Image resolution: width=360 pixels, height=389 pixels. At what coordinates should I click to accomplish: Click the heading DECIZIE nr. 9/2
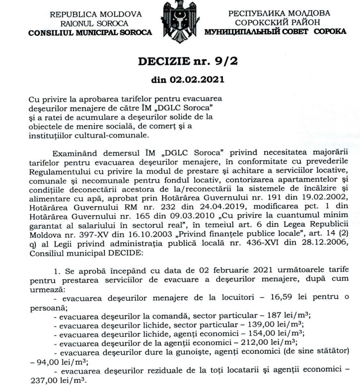180,62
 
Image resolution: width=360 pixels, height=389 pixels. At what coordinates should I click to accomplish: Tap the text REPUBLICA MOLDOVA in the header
92,14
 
